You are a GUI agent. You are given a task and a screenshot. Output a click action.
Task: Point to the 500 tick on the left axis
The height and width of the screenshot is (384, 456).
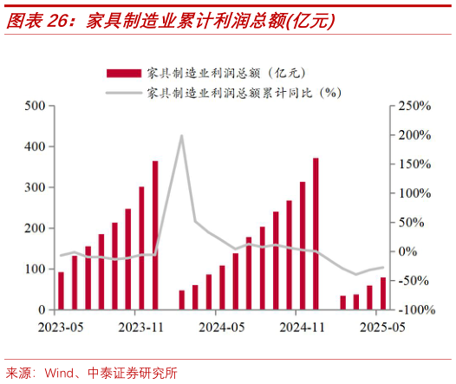pyautogui.click(x=36, y=106)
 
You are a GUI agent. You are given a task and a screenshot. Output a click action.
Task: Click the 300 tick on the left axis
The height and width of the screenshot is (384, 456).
pyautogui.click(x=36, y=187)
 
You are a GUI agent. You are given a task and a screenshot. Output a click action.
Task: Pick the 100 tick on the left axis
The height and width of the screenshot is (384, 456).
pyautogui.click(x=36, y=269)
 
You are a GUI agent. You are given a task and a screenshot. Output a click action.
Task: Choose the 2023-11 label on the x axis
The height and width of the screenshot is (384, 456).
pyautogui.click(x=140, y=328)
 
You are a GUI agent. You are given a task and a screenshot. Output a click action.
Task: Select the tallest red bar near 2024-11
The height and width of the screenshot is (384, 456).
pyautogui.click(x=316, y=233)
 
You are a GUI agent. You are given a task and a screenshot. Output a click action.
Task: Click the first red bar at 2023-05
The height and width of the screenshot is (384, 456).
pyautogui.click(x=61, y=290)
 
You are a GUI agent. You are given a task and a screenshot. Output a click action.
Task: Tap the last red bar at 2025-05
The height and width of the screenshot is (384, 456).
pyautogui.click(x=383, y=294)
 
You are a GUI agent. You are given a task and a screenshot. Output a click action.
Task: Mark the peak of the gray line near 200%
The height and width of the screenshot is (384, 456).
pyautogui.click(x=182, y=136)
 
